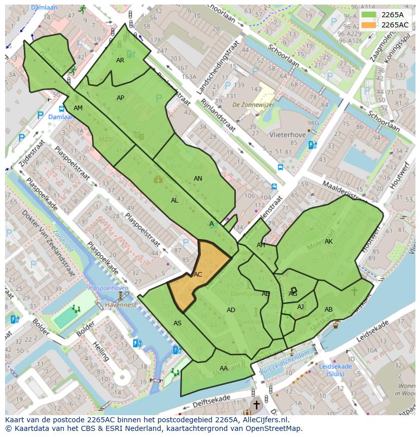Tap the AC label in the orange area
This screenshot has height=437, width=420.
point(198,275)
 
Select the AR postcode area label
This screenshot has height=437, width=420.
point(120,60)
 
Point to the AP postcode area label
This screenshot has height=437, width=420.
point(120,98)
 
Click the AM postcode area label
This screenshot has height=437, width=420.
point(78,108)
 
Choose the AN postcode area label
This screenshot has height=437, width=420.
point(198,179)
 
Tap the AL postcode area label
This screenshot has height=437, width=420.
point(174,200)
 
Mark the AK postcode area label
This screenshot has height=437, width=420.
point(329,242)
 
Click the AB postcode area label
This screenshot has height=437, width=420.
point(329,310)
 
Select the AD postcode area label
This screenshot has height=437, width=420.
point(231,310)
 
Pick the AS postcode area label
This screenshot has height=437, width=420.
point(178,323)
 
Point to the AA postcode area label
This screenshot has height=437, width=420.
point(224,368)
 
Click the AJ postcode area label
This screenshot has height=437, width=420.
point(300,307)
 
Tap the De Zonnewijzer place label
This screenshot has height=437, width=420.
point(249,105)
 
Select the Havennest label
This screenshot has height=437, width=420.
point(121,305)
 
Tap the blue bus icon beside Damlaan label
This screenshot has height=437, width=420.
point(61,108)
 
